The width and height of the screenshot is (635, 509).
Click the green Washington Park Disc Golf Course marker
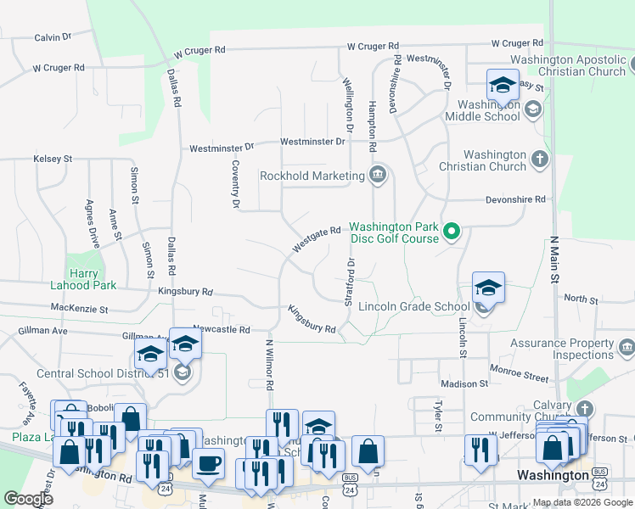[452, 231]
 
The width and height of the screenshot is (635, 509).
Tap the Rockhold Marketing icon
[379, 176]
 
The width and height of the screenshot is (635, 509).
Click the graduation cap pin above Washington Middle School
[503, 86]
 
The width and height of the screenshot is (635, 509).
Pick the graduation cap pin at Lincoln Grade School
[488, 288]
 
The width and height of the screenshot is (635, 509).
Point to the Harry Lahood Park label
[93, 280]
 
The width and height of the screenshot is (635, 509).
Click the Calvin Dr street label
[52, 37]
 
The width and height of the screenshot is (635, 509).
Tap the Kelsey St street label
[53, 159]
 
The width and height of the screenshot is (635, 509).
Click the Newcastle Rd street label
[221, 329]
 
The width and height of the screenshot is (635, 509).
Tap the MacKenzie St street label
[79, 309]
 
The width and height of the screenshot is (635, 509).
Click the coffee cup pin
[208, 463]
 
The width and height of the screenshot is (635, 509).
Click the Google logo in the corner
[28, 499]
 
